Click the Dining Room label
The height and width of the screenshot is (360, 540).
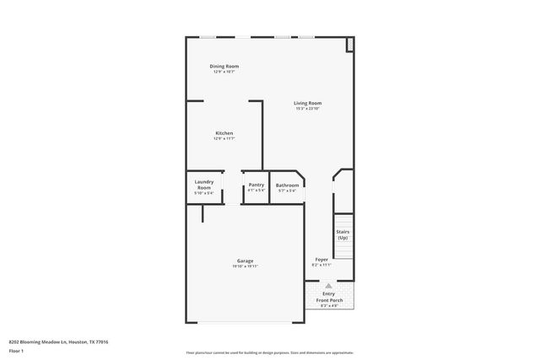[224, 66]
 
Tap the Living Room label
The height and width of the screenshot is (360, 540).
[308, 103]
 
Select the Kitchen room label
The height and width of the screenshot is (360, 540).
[224, 133]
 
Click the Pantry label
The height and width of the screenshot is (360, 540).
[256, 185]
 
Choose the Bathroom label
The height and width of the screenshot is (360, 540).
[288, 185]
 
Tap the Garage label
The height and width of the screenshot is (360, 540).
[246, 261]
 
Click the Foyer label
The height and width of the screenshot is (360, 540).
[321, 259]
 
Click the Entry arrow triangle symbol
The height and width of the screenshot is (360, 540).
[329, 286]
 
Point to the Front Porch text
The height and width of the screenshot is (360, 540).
[329, 300]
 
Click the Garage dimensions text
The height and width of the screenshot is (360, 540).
[246, 266]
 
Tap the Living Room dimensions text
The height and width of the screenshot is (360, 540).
[308, 109]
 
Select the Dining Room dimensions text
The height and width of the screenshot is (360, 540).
[224, 72]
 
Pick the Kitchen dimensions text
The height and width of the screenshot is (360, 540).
[224, 139]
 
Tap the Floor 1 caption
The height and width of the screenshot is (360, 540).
[16, 350]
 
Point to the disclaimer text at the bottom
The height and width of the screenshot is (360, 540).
[269, 352]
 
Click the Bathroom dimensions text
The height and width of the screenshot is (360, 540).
[288, 191]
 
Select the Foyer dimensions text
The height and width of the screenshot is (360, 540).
[321, 265]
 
